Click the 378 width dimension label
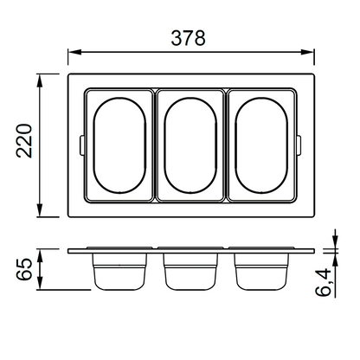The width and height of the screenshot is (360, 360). [x=188, y=38]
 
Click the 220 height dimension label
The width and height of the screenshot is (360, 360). [x=24, y=141]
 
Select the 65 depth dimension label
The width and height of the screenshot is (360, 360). [x=24, y=269]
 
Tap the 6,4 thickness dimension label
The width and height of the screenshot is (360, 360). [x=323, y=282]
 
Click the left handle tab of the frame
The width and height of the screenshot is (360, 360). [x=81, y=145]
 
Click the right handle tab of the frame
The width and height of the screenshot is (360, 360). [x=299, y=145]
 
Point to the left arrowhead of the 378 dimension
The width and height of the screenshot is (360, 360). [x=74, y=52]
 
